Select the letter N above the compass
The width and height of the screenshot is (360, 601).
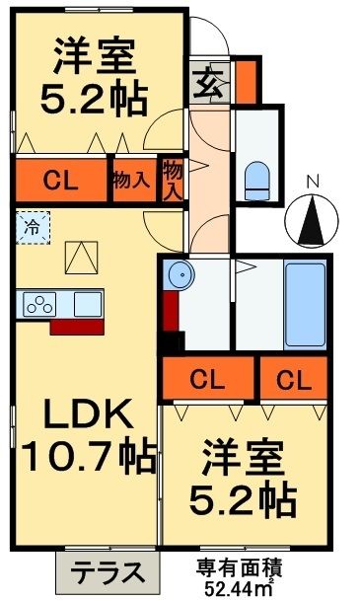coord(313,182)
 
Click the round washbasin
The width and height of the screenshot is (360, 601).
coord(179,275)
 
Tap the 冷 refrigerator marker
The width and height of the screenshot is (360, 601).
coord(32,227)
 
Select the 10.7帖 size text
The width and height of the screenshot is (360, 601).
coord(87,456)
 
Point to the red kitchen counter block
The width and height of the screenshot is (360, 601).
coord(73,326)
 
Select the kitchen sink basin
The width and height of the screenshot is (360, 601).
coord(84,303)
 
